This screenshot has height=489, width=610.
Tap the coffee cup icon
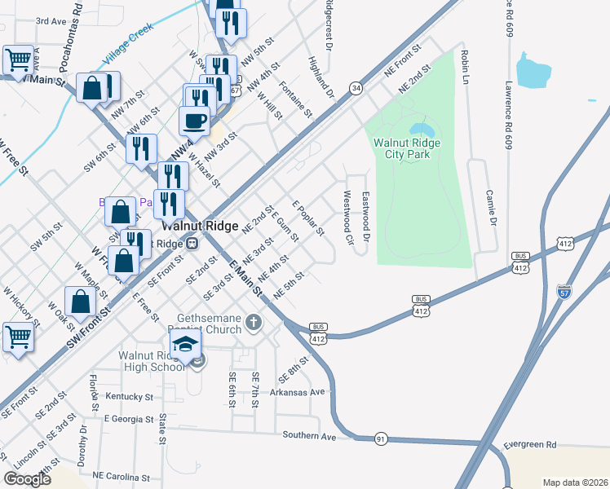194,121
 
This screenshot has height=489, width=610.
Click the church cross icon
254,323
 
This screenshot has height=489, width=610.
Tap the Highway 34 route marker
356,87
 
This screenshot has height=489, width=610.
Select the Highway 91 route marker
380,439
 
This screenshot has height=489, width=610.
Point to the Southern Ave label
309,435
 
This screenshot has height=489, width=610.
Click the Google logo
27,478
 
